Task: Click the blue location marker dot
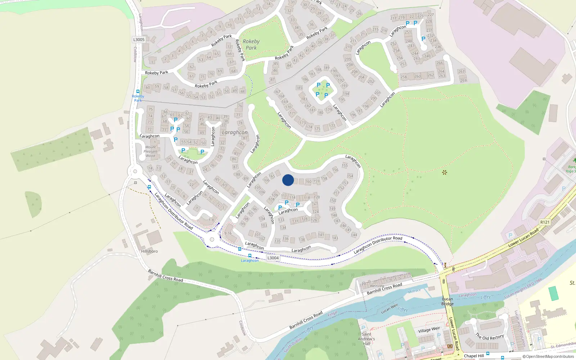click(x=288, y=180)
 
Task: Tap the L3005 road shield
click(x=139, y=40)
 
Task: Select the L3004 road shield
click(x=273, y=258)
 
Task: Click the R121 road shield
click(x=545, y=222)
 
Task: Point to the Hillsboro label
click(x=149, y=251)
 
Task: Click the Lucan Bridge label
click(x=447, y=301)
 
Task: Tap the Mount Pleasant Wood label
click(x=150, y=151)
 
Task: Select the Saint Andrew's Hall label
click(x=366, y=339)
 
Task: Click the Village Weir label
click(x=429, y=330)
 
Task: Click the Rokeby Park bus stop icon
click(x=138, y=91)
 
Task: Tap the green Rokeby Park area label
click(x=251, y=44)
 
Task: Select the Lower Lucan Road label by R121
click(x=523, y=237)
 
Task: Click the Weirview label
click(x=377, y=286)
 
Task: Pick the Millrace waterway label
click(x=414, y=291)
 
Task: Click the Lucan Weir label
click(x=390, y=309)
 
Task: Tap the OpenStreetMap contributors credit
click(x=548, y=356)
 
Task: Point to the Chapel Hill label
click(x=474, y=356)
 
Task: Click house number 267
click(x=461, y=71)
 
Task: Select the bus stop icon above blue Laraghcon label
click(x=250, y=256)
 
